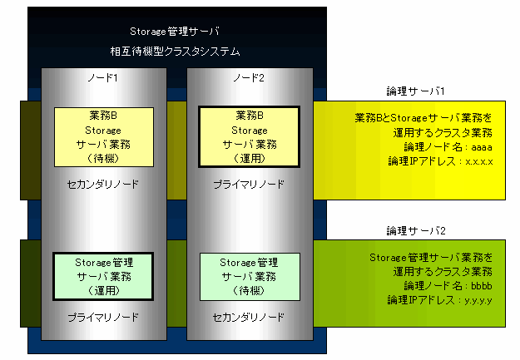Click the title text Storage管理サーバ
(x=175, y=32)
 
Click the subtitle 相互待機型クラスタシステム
(x=175, y=52)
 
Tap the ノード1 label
(x=103, y=78)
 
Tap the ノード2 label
(x=249, y=78)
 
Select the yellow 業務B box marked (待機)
(x=104, y=137)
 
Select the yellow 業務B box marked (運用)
(x=249, y=137)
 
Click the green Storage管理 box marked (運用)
(x=103, y=277)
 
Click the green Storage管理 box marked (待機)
(x=250, y=277)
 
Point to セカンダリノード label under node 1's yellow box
(x=103, y=185)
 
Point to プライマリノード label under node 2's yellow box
(x=249, y=185)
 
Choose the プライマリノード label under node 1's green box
(x=103, y=318)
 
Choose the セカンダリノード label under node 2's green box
(x=249, y=318)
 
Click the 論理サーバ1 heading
(x=415, y=91)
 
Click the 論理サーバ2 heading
(x=416, y=231)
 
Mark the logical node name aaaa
(x=482, y=147)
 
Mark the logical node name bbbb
(x=482, y=286)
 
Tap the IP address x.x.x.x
(x=479, y=162)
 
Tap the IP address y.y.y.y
(x=478, y=301)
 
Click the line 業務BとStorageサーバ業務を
(x=423, y=118)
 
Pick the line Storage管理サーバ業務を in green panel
(x=431, y=258)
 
